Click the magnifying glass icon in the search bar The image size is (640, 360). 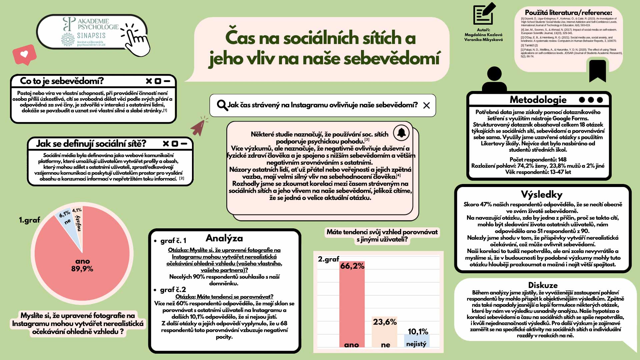[x=222, y=105]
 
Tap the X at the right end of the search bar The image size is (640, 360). [x=426, y=106]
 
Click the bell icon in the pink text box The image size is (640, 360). [x=401, y=133]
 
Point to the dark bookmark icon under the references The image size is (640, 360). [x=597, y=70]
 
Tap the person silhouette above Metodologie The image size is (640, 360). [x=494, y=80]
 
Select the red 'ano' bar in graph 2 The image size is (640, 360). [x=352, y=307]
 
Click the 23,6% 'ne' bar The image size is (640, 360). [x=384, y=333]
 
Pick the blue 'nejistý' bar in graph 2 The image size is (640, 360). [x=417, y=341]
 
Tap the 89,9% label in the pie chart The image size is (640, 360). [x=82, y=269]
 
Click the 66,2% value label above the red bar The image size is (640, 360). [x=352, y=266]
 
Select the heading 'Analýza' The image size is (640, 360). [x=224, y=238]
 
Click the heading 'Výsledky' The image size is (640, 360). [x=542, y=194]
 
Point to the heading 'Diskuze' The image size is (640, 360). [x=543, y=285]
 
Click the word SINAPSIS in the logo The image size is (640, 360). [x=91, y=35]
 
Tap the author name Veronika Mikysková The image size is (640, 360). [x=483, y=40]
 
